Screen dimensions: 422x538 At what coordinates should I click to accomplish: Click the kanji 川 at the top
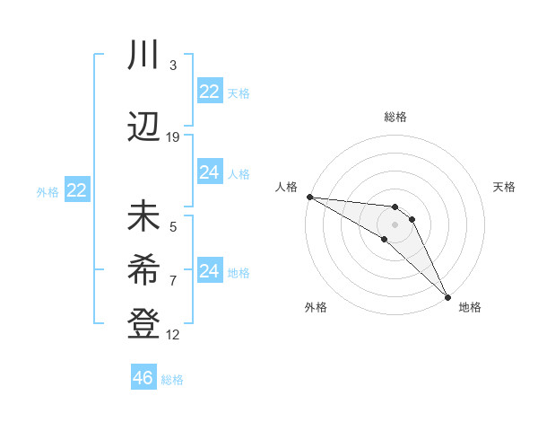click(x=143, y=56)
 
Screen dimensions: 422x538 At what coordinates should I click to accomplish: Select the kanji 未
click(x=143, y=218)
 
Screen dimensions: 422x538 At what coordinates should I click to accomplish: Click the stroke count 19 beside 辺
click(x=173, y=136)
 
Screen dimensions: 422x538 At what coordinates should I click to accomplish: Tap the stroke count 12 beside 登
click(x=173, y=335)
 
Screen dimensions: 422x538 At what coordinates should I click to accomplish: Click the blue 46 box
click(x=143, y=377)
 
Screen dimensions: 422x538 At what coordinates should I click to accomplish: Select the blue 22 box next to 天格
click(x=209, y=92)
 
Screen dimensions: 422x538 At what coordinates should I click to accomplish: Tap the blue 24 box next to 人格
click(x=209, y=172)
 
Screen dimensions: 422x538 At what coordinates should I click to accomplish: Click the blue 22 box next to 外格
click(x=76, y=190)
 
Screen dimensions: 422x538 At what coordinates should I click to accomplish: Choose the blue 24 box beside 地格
click(x=209, y=271)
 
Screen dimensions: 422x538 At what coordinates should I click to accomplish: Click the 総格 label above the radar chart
click(x=395, y=117)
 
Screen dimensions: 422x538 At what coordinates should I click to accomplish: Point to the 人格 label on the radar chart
click(x=287, y=187)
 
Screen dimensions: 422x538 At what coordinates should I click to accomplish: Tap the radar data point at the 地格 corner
click(x=447, y=296)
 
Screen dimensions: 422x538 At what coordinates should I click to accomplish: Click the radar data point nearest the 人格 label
click(x=309, y=197)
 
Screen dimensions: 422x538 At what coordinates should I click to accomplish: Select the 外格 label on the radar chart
click(x=316, y=307)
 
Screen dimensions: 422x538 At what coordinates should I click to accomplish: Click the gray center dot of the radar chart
click(x=395, y=224)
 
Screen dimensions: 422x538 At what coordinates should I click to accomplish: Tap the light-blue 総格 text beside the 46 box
click(x=172, y=380)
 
